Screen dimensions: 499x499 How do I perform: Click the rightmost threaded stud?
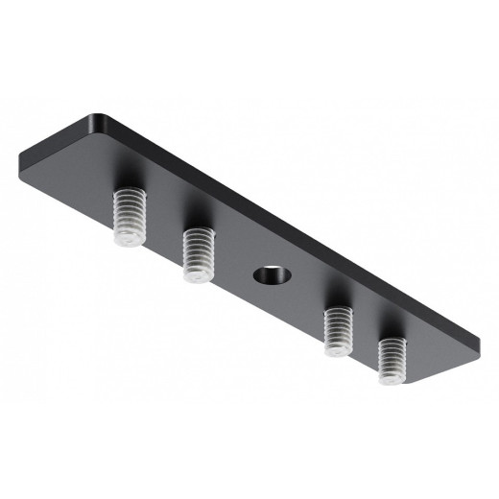point(392,360)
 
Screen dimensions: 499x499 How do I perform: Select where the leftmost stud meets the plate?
point(129,192)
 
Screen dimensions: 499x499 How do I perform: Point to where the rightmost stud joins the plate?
point(392,342)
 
